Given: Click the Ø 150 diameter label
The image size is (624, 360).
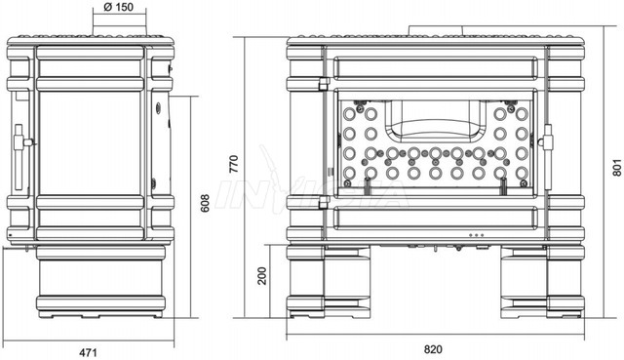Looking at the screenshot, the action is click(x=119, y=7).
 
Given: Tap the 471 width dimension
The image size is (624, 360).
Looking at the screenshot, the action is click(x=88, y=352).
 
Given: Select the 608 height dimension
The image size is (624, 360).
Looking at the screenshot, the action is click(x=205, y=203).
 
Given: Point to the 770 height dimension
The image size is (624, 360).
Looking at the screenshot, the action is click(x=234, y=164).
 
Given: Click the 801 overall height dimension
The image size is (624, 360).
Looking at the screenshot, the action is click(x=616, y=167).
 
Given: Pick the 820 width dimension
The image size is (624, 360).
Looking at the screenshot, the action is click(x=433, y=349).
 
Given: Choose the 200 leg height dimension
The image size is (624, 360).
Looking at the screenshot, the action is click(x=262, y=275).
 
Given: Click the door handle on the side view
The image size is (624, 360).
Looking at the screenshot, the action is click(x=21, y=156).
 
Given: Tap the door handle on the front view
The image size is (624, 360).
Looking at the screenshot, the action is click(x=547, y=156).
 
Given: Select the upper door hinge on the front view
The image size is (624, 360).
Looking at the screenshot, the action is click(x=324, y=83).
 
